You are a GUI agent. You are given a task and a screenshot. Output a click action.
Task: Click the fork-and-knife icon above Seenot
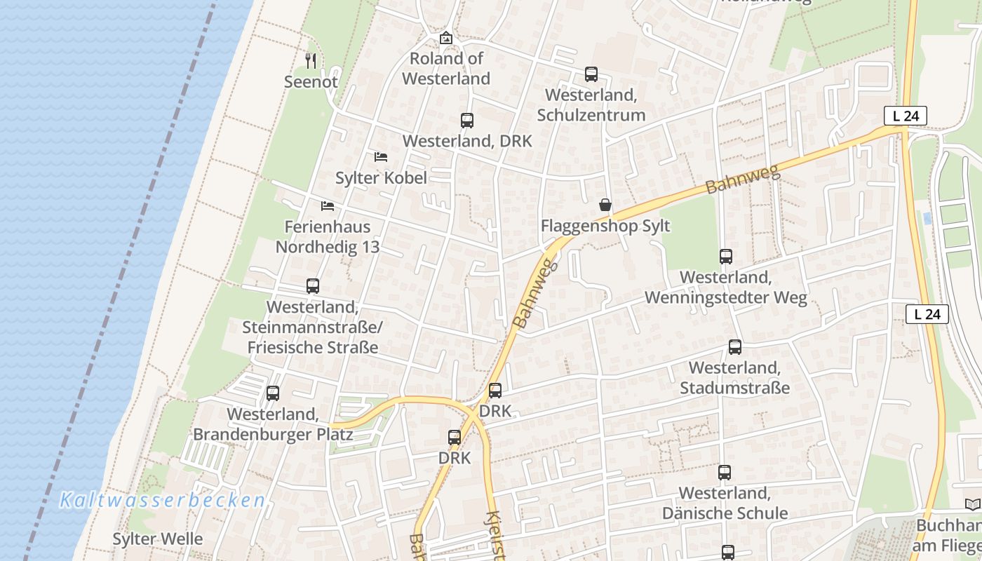(x=311, y=61)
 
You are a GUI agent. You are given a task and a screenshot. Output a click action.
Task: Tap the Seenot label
(x=311, y=82)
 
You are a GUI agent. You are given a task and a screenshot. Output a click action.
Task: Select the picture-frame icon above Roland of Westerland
(x=445, y=38)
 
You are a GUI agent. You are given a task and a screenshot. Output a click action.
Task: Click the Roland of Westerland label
(x=445, y=69)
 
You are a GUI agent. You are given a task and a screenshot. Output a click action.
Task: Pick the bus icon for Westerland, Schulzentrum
(x=591, y=74)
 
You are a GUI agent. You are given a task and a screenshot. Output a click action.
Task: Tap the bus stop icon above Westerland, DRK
(x=467, y=120)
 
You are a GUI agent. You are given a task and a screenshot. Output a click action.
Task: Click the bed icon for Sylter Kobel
(x=381, y=156)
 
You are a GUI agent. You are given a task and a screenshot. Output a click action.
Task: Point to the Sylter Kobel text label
(x=381, y=178)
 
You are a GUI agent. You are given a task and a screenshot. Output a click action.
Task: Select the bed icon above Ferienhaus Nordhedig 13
(x=328, y=205)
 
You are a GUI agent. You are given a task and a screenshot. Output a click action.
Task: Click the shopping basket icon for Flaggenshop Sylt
(x=605, y=205)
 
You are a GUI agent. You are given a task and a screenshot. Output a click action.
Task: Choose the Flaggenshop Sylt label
(x=605, y=226)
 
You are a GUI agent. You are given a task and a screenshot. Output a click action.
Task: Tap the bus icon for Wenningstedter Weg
(x=726, y=256)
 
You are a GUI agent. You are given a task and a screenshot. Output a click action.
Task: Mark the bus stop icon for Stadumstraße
(x=735, y=346)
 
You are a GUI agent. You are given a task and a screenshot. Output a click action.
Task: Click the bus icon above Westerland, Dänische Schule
(x=725, y=472)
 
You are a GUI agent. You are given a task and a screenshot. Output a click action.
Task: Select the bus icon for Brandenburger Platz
(x=273, y=393)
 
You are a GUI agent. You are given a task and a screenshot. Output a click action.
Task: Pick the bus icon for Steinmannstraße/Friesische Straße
(x=313, y=285)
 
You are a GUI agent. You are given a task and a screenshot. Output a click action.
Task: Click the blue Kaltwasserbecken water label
(x=162, y=500)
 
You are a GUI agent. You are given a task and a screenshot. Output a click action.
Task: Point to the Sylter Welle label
(x=158, y=539)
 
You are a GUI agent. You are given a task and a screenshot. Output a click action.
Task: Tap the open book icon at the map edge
(x=972, y=504)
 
